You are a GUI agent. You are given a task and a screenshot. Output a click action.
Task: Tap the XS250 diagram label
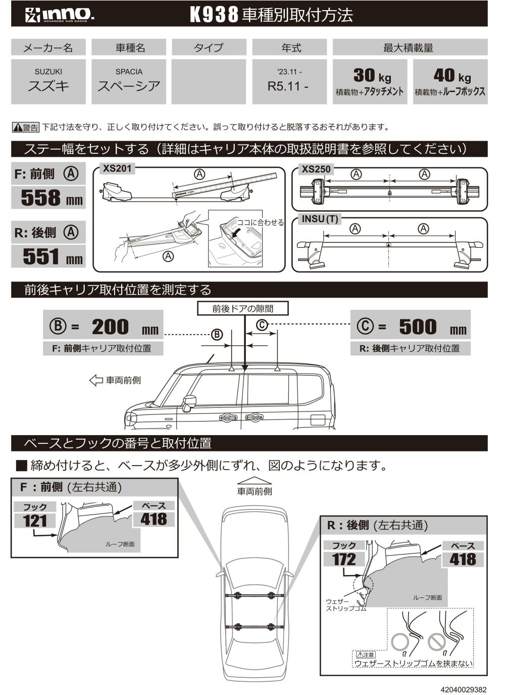tap(316, 169)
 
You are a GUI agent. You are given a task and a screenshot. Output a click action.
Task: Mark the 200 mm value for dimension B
tap(111, 327)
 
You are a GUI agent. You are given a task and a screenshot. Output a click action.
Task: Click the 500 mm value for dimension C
tap(418, 327)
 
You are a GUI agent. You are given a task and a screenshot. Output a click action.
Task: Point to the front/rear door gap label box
tap(243, 308)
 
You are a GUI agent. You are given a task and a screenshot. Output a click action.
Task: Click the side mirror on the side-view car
tap(189, 402)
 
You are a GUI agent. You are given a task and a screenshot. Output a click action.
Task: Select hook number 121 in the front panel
tap(35, 521)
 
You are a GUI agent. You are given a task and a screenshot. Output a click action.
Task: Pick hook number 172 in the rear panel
tap(344, 559)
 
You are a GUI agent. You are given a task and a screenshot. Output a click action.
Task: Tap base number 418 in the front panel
tap(154, 519)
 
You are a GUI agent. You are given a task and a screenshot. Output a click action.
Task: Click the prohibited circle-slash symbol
tap(436, 641)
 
